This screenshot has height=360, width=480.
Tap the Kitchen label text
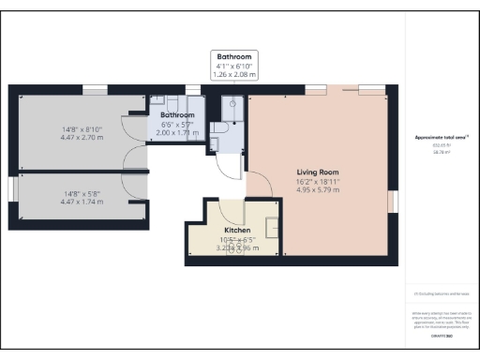(x=236, y=230)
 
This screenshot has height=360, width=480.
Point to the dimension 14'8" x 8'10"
(x=82, y=130)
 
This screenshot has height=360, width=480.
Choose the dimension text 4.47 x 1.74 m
(x=82, y=201)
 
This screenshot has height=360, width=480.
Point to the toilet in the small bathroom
(x=217, y=127)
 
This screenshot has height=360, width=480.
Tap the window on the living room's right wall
(x=393, y=202)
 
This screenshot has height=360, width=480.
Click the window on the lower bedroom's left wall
(x=11, y=188)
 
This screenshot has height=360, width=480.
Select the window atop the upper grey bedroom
(x=94, y=89)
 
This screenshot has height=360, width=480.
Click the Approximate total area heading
(x=441, y=138)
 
